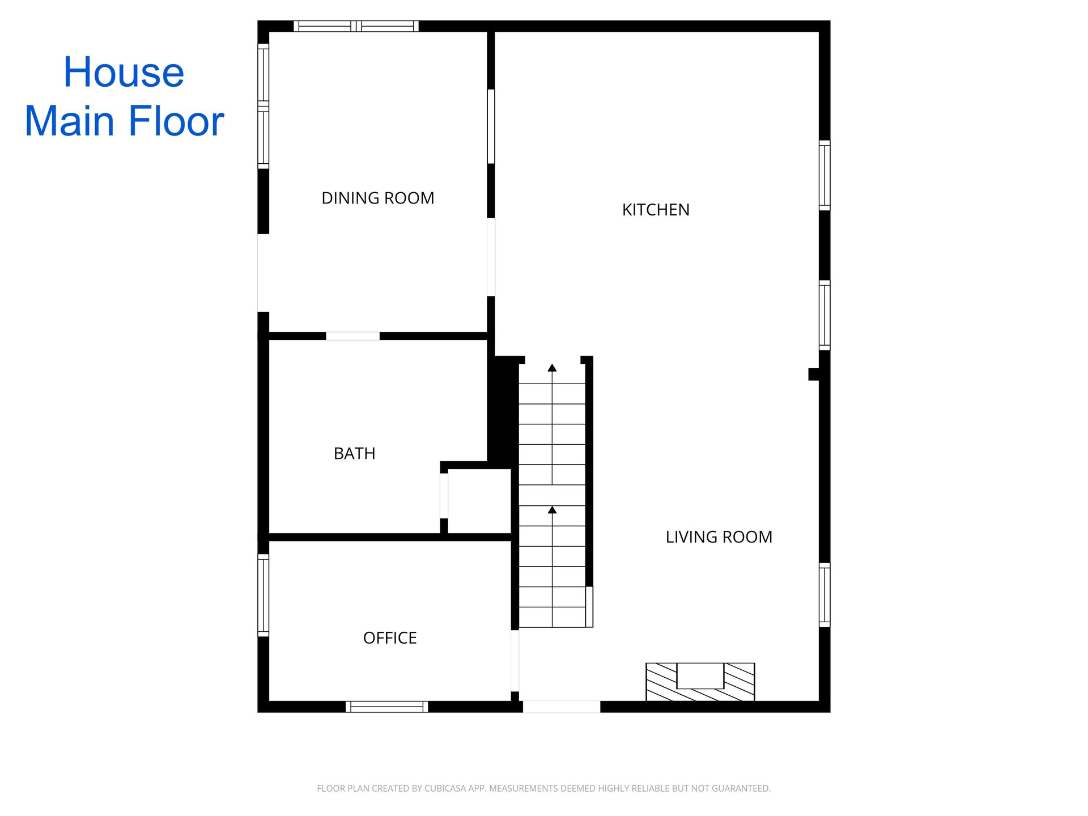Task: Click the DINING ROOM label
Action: [x=378, y=198]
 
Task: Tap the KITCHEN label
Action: [x=656, y=210]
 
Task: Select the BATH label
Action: [x=355, y=454]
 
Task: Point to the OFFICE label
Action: [x=390, y=638]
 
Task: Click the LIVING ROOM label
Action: [x=719, y=537]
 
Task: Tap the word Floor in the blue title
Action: [x=176, y=121]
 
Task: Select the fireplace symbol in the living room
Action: [x=700, y=682]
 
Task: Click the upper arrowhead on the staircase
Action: [x=552, y=368]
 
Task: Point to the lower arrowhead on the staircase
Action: [x=552, y=510]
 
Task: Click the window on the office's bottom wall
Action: [x=387, y=707]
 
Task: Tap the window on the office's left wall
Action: [x=263, y=595]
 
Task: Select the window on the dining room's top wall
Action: [x=356, y=26]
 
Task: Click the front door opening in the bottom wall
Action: [x=562, y=707]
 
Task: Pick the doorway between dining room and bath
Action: [x=352, y=336]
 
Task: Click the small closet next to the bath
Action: [x=479, y=501]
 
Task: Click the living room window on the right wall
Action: [x=825, y=595]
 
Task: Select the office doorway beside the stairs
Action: [x=515, y=661]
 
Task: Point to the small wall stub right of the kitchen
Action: [x=814, y=374]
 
